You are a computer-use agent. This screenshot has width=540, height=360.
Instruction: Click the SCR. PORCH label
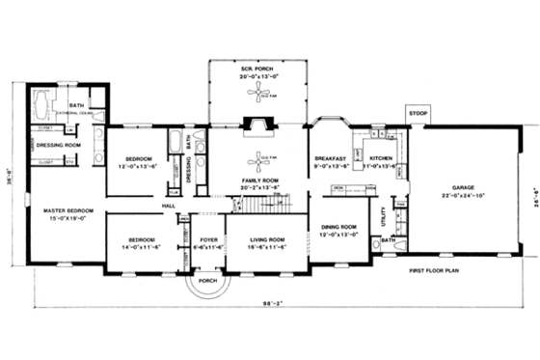coord(257,70)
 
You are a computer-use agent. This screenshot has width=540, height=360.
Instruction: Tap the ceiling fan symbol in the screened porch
coord(257,95)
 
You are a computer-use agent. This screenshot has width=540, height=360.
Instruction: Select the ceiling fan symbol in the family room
coord(257,157)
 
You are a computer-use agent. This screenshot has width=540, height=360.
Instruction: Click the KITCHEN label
coord(377,155)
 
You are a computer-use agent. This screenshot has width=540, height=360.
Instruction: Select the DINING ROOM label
coord(338,227)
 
